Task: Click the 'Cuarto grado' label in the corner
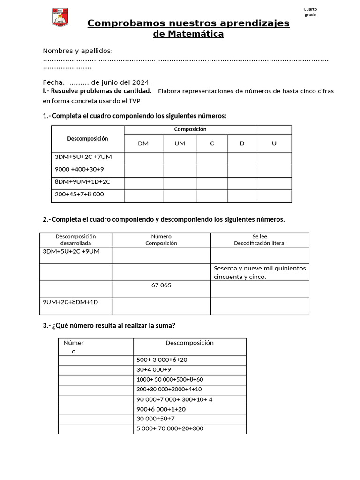click(310, 12)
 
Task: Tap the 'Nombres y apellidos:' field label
click(78, 51)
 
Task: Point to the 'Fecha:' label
click(53, 82)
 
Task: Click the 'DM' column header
click(143, 143)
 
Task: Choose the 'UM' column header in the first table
click(180, 143)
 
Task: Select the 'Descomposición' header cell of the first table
click(88, 139)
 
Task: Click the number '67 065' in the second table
click(161, 285)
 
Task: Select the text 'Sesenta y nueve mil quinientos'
click(260, 269)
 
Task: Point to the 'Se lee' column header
click(260, 236)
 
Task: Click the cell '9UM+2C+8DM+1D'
click(70, 302)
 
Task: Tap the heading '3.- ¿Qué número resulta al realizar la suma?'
click(109, 325)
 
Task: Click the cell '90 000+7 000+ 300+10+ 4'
click(174, 399)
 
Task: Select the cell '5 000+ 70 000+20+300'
click(170, 428)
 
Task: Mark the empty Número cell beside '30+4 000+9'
click(96, 369)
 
